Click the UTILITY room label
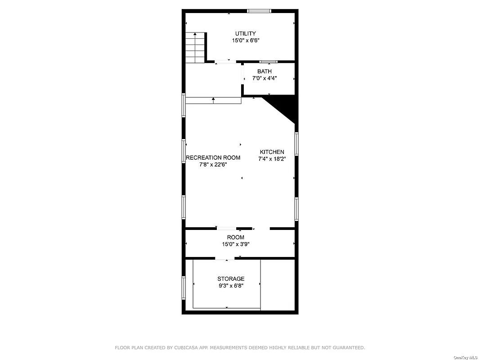click(246, 33)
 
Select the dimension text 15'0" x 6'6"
click(246, 40)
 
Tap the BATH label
click(265, 71)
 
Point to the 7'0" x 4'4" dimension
click(265, 78)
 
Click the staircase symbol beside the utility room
click(196, 48)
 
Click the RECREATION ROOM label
click(213, 157)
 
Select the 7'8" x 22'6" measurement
click(213, 165)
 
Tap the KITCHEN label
click(272, 152)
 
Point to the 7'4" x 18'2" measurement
click(272, 159)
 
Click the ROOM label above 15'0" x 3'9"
click(236, 237)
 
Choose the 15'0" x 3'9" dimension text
click(236, 244)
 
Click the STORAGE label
click(231, 279)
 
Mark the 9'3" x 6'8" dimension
click(231, 286)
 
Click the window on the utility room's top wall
click(259, 11)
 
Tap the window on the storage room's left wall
click(184, 287)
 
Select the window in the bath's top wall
click(268, 62)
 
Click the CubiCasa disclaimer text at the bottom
click(240, 347)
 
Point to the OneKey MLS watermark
click(466, 357)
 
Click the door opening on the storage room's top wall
click(225, 258)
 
